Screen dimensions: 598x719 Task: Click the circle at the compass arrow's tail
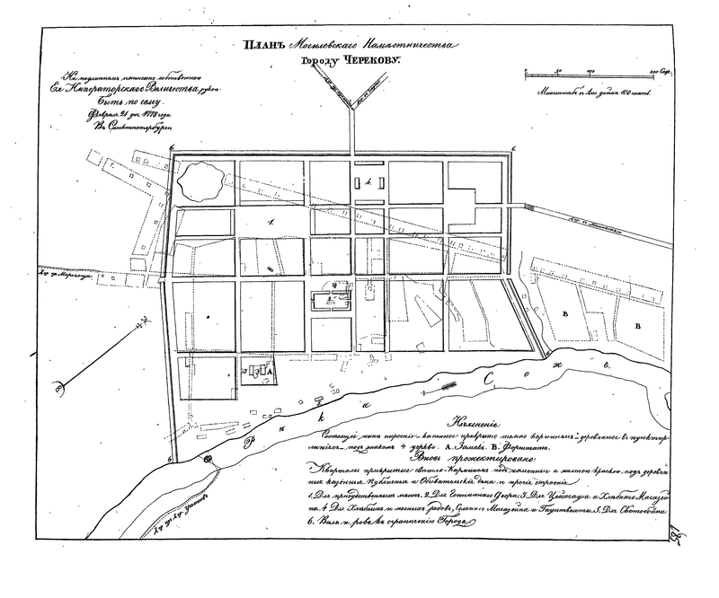tap(60, 389)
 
